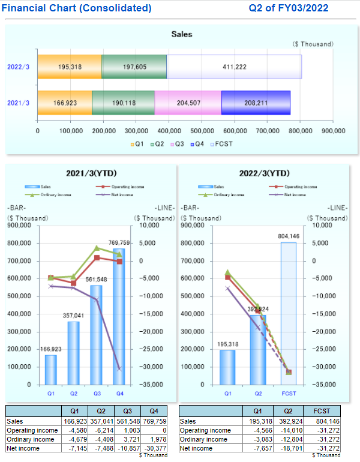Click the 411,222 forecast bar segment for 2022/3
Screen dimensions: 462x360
pos(234,67)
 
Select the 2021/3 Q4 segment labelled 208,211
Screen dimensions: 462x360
pos(256,103)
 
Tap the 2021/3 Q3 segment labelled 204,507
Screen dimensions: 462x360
pos(188,103)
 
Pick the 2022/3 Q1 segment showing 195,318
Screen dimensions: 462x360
pos(70,67)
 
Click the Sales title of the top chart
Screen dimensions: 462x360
pos(182,34)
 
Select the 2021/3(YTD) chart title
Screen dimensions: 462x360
pos(92,173)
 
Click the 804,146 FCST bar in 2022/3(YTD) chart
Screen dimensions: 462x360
pos(288,312)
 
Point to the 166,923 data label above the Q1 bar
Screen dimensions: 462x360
pos(51,349)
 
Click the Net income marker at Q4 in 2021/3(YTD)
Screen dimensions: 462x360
pos(119,368)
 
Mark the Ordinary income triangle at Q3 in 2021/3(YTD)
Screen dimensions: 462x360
pos(97,248)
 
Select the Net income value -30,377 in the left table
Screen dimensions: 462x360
pos(157,448)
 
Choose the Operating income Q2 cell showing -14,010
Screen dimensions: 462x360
pos(284,430)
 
